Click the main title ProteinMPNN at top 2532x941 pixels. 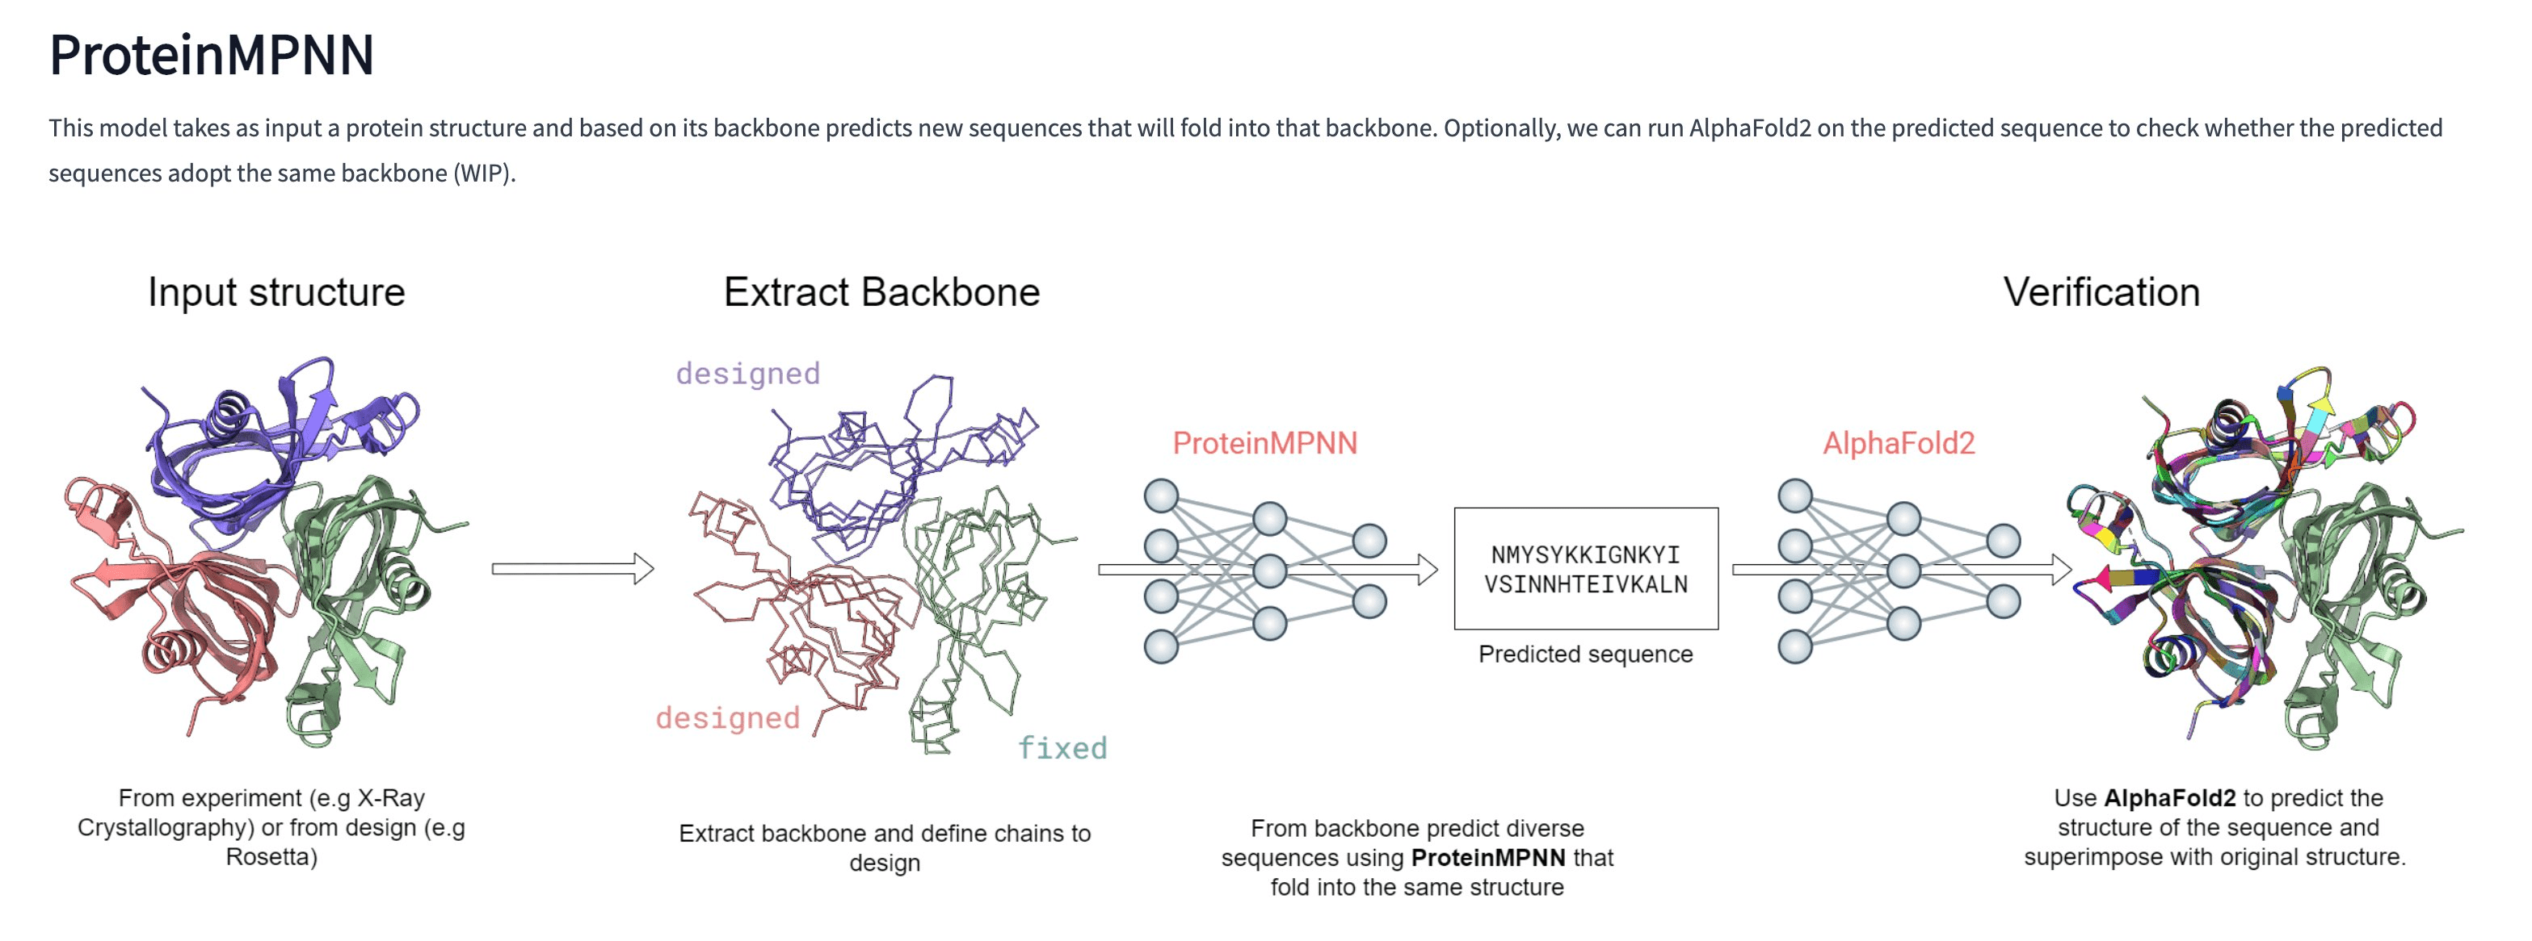(212, 55)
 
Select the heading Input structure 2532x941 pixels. (276, 293)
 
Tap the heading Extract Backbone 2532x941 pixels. (881, 293)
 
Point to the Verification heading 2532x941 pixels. (2101, 293)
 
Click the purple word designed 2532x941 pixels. (747, 374)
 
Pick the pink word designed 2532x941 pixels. (727, 718)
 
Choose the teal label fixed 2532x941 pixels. (1062, 748)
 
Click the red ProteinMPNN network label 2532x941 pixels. (1264, 443)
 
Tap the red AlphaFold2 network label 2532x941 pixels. (1898, 443)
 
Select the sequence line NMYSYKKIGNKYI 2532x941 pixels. (1585, 555)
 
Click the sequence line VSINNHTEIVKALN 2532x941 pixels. (1585, 584)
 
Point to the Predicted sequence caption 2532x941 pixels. (1585, 655)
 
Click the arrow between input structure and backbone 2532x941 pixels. (572, 569)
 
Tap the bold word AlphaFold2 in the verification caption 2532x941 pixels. (2169, 797)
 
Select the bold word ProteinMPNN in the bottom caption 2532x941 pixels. (1487, 858)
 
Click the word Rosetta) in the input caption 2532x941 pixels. (271, 856)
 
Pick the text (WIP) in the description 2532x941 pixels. (482, 174)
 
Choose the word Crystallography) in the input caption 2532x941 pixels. (165, 827)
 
